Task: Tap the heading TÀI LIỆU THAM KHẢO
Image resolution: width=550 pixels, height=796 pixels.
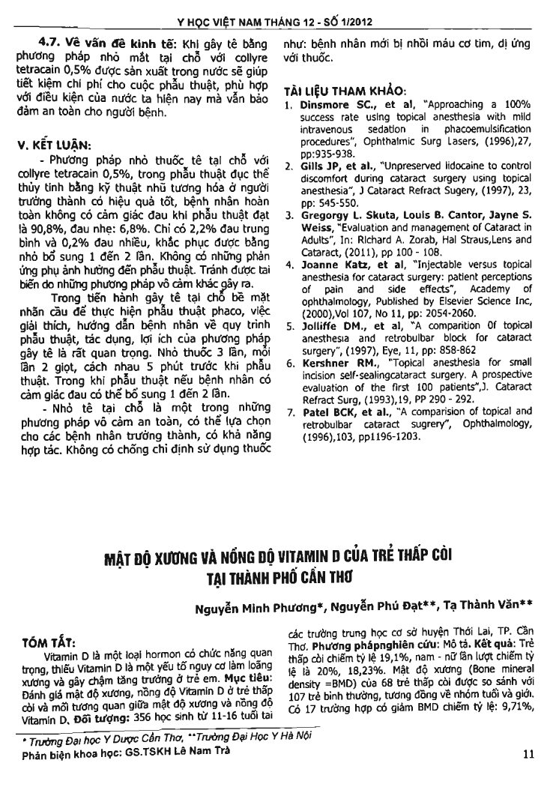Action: [344, 91]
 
